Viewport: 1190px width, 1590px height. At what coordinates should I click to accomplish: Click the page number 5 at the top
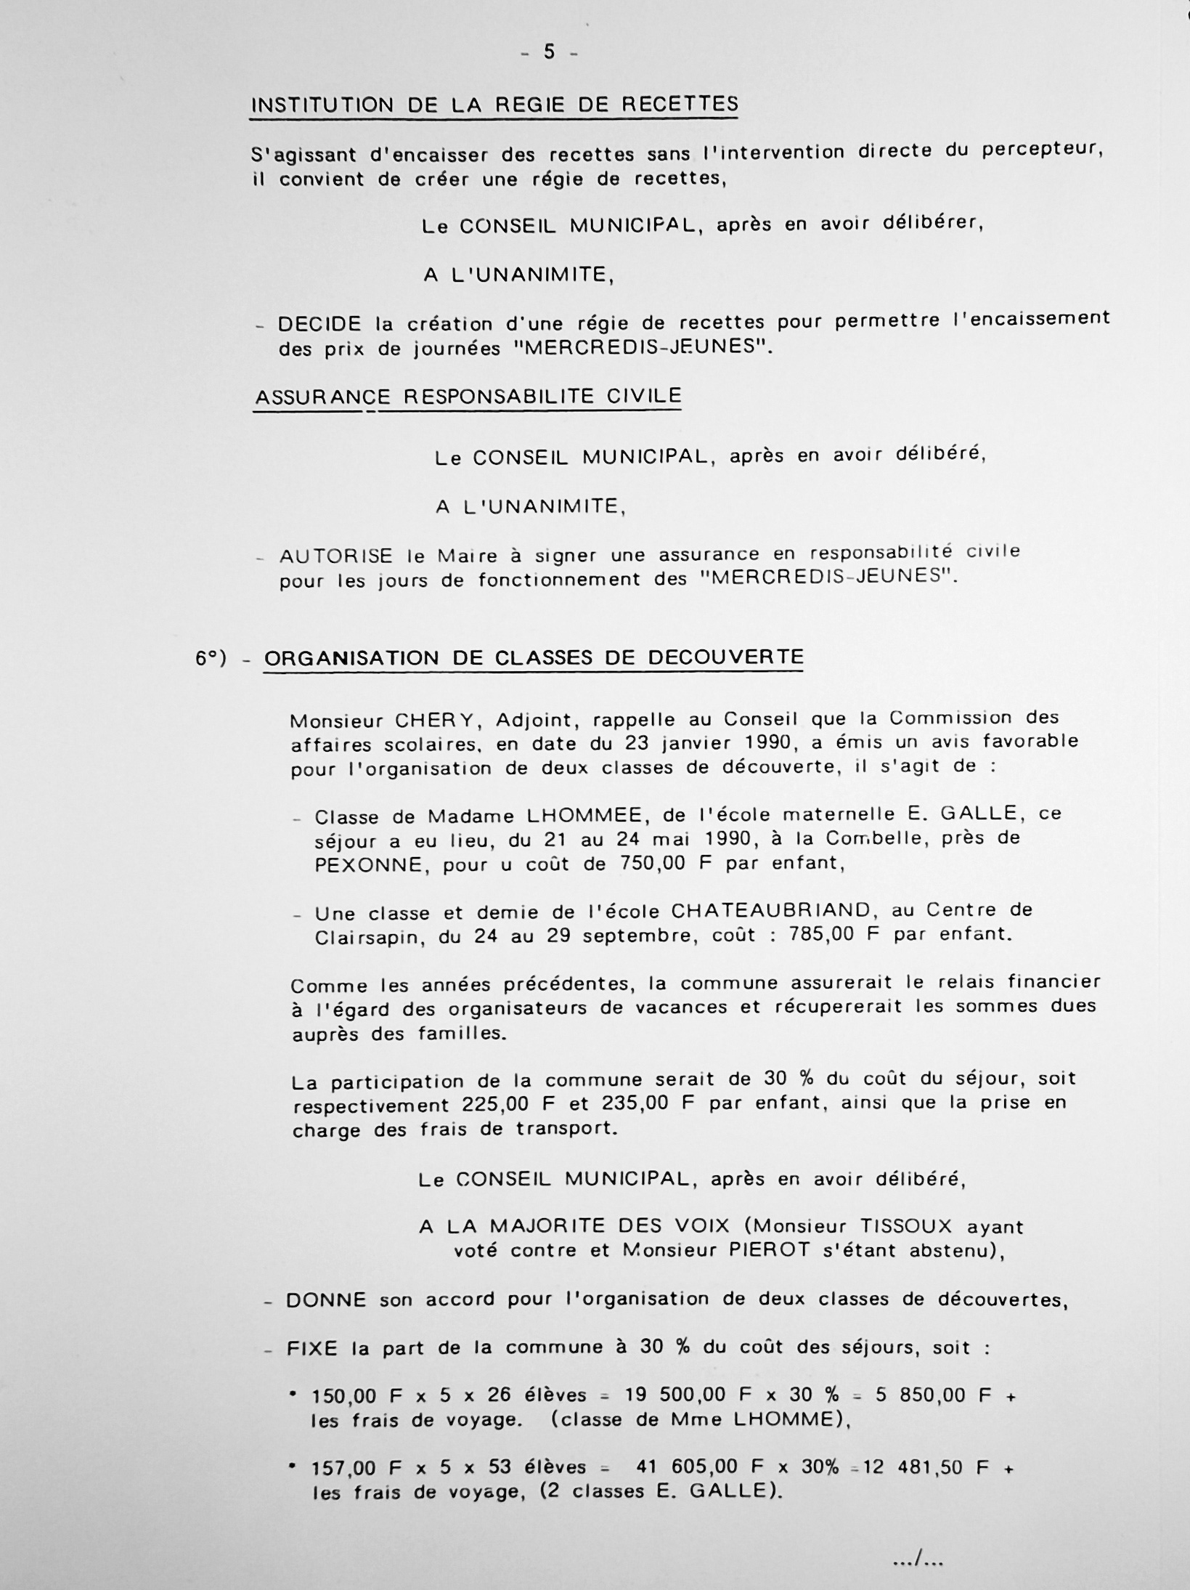point(549,53)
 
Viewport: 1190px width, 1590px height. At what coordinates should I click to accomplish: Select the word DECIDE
point(320,323)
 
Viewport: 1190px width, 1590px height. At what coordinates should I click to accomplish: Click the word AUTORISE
point(336,556)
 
